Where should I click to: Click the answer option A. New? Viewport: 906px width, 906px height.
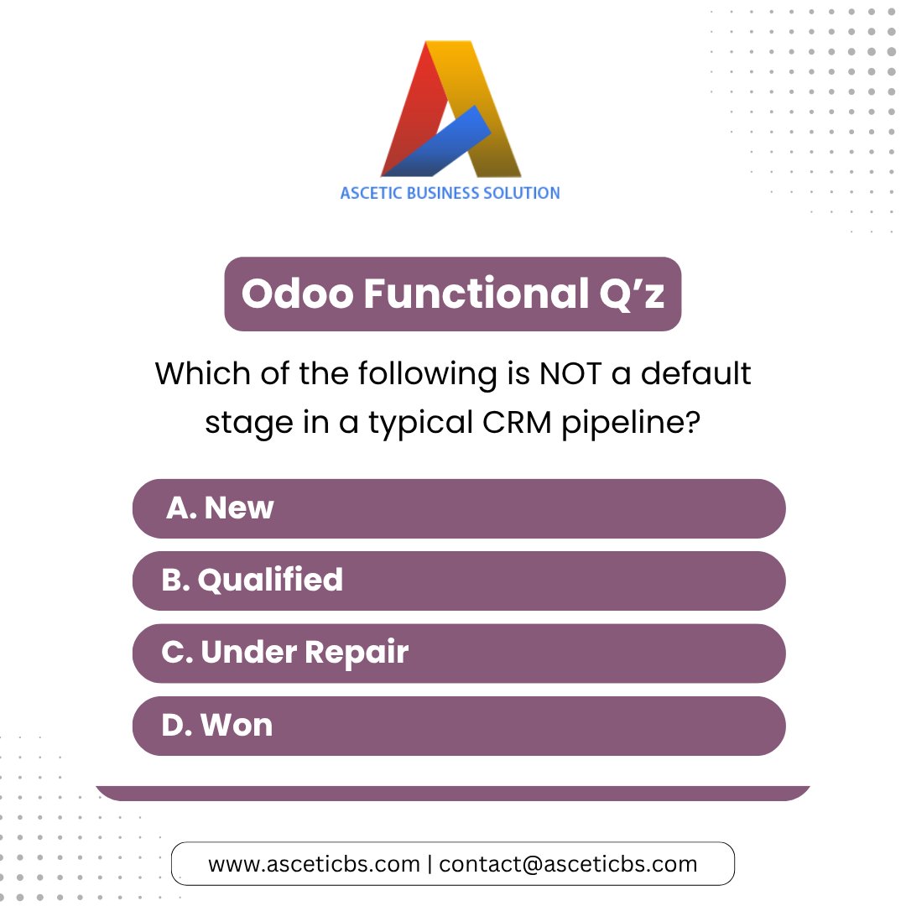[x=459, y=508]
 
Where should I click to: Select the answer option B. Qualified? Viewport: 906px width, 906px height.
[x=459, y=581]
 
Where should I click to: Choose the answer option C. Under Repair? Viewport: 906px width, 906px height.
[x=459, y=653]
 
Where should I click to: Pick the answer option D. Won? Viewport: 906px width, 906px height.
[x=459, y=726]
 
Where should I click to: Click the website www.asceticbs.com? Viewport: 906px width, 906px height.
[x=314, y=864]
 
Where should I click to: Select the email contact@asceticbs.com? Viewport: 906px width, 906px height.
[x=568, y=864]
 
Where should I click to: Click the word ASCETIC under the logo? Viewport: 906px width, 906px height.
[x=371, y=193]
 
